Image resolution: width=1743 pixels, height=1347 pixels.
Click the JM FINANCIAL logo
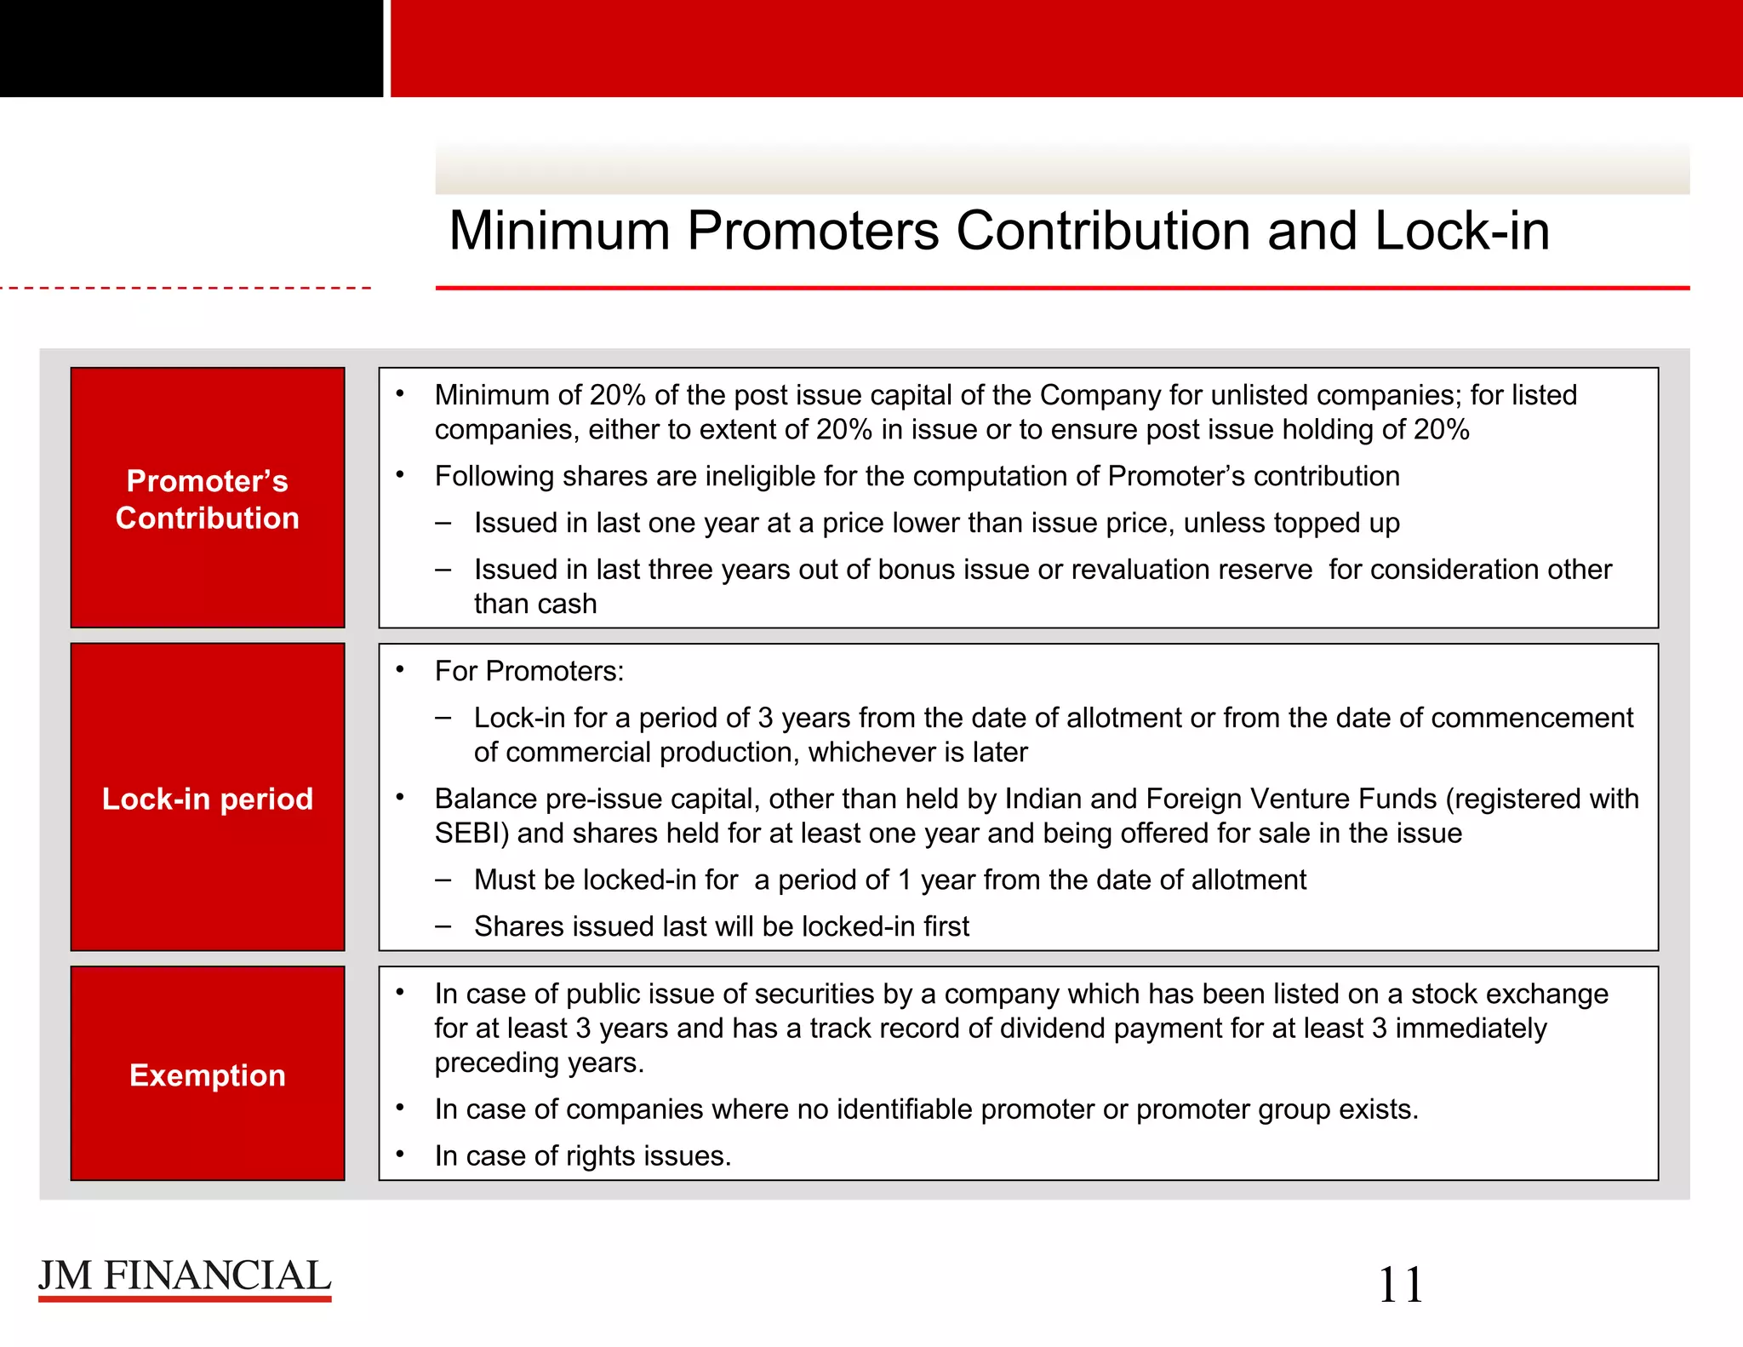(185, 1278)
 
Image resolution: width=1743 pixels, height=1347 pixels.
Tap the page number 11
(1400, 1285)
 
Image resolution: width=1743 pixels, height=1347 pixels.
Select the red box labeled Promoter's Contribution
(208, 498)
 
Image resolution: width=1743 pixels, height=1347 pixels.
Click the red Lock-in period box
(208, 797)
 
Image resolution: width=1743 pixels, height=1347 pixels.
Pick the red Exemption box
(208, 1074)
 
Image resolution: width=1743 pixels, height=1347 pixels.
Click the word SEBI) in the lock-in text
(471, 833)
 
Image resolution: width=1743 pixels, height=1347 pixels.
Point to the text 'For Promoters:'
(529, 671)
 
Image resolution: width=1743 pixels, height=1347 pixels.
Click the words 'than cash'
(535, 604)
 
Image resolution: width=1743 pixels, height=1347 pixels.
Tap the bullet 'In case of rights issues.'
(582, 1155)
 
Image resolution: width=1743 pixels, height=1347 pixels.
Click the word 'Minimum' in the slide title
(559, 231)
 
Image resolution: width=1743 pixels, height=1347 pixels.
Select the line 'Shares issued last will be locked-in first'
(721, 926)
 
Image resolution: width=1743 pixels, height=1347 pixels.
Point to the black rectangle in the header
(191, 49)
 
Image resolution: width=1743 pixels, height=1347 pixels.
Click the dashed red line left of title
(186, 289)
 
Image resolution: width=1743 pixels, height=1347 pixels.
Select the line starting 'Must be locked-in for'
(889, 880)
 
